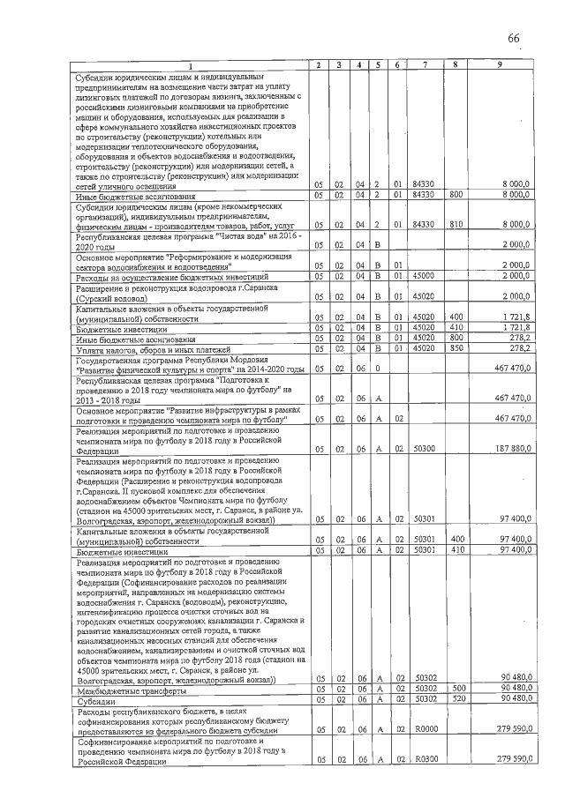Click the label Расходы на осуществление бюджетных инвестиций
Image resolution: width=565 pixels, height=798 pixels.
point(169,278)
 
